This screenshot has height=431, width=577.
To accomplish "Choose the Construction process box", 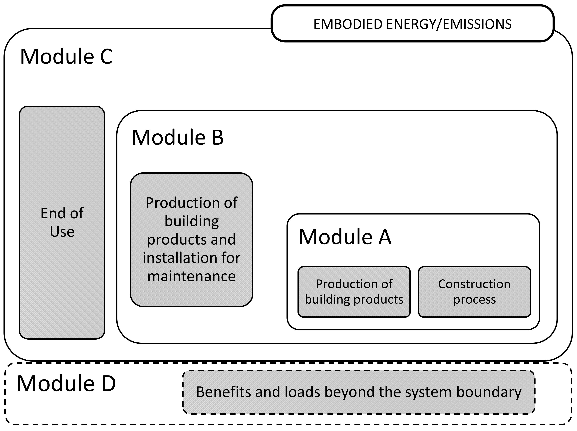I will (474, 292).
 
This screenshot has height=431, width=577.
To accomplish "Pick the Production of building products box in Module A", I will (354, 292).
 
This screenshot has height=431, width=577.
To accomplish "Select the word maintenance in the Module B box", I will (191, 276).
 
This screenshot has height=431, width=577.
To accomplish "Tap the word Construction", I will (474, 284).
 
